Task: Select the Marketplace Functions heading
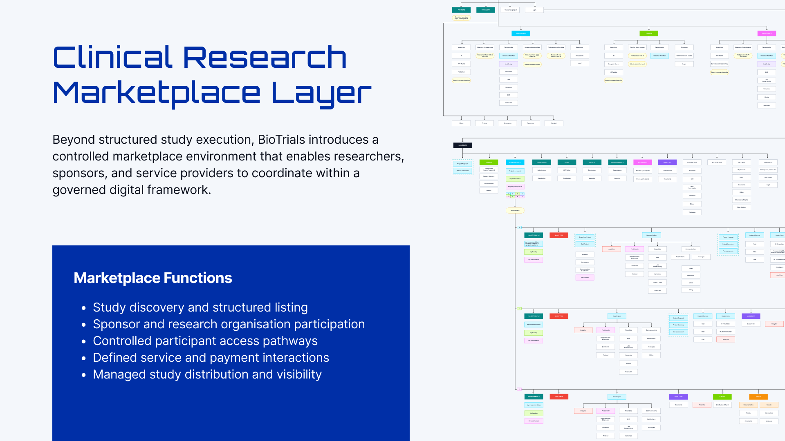153,278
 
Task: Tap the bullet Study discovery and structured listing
200,307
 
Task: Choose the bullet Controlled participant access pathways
205,341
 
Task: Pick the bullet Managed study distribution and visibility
207,374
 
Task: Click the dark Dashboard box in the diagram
462,145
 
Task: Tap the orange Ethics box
758,396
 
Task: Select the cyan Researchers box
520,33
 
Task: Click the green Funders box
648,33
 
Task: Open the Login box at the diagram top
534,10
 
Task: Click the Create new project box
510,10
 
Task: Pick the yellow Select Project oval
515,210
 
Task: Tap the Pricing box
484,123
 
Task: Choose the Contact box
554,123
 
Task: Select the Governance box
507,123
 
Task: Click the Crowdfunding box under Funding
489,183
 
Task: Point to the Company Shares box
613,64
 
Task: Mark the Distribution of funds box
722,405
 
